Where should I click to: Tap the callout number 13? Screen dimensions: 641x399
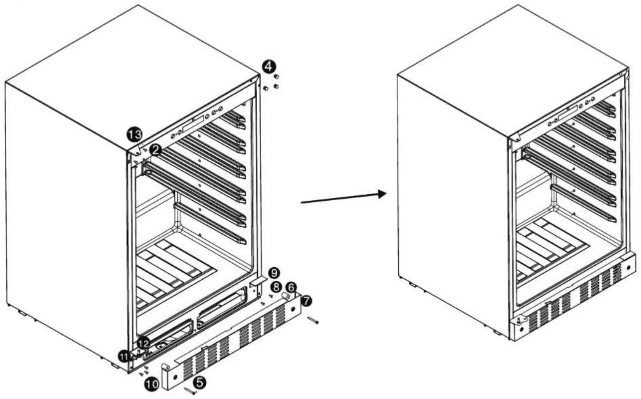[134, 134]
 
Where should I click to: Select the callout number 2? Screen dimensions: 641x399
[156, 150]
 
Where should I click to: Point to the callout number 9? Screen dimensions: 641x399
[274, 273]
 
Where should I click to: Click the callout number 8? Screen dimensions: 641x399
[276, 287]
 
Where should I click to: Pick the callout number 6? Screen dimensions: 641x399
[291, 287]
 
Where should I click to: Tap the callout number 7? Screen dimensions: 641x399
[307, 301]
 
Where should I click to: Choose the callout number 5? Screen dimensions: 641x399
[200, 382]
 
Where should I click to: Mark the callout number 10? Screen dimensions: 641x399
[152, 384]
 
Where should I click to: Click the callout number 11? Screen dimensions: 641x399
[125, 356]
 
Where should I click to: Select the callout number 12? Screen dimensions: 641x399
[143, 343]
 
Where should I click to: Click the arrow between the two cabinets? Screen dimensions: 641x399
[344, 198]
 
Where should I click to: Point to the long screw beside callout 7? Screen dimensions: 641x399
[313, 320]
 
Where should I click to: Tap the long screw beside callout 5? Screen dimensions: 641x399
[190, 390]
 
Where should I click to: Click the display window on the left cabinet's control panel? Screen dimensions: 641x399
[194, 124]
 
